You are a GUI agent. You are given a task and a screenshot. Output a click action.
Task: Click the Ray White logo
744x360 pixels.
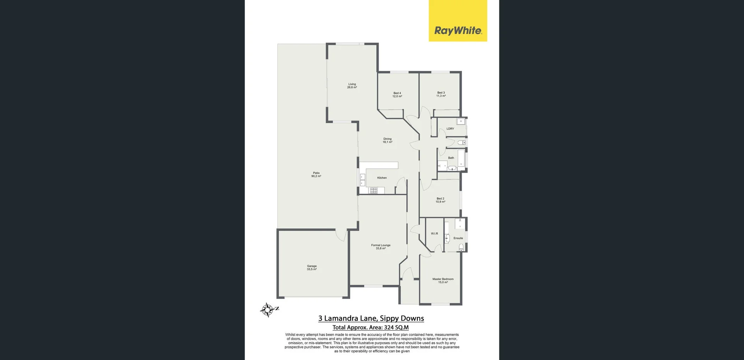pos(458,21)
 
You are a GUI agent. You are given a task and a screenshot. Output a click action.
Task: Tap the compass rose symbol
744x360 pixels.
pos(267,310)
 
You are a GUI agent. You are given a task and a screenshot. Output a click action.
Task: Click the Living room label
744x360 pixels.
pos(352,86)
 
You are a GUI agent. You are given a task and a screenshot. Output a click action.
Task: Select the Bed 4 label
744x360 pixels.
pos(397,95)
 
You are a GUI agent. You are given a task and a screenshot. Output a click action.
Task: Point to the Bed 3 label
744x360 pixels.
pos(441,94)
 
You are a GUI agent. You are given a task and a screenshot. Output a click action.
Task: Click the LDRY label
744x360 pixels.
pos(450,129)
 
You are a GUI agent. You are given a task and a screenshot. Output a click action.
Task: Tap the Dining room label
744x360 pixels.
pos(387,140)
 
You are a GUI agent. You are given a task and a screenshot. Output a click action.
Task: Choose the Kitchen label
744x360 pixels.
pos(382,178)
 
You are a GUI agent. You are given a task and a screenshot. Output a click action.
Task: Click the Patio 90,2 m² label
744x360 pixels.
pos(316,174)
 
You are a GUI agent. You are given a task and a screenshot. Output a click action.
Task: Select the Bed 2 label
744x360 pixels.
pos(440,200)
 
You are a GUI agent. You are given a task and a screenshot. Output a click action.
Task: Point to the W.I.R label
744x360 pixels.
pos(434,234)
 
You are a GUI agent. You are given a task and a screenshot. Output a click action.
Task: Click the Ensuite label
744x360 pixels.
pos(458,238)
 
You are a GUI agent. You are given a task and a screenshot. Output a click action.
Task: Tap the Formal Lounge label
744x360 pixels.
pos(381,246)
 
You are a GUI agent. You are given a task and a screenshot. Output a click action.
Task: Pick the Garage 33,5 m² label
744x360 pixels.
pos(312,267)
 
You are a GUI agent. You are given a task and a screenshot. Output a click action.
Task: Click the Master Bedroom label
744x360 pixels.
pos(443,280)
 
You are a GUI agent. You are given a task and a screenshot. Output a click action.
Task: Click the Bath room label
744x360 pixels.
pos(451,158)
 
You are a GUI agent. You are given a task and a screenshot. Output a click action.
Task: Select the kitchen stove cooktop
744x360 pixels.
pos(373,190)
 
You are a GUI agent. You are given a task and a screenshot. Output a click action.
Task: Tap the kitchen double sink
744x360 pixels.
pos(363,180)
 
